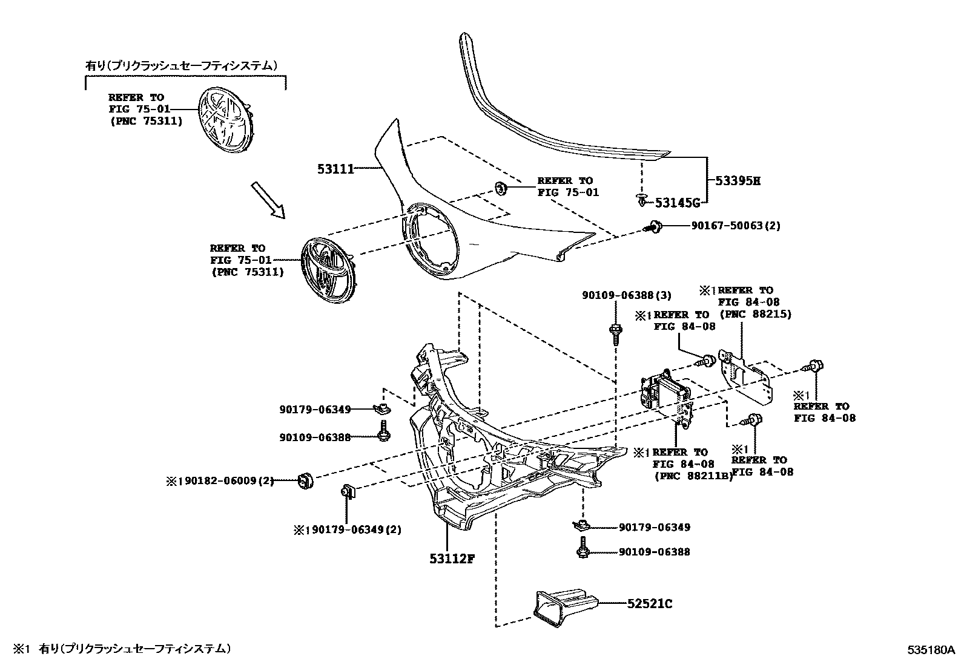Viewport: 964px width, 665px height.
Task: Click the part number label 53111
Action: click(335, 169)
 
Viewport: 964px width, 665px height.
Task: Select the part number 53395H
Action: click(737, 180)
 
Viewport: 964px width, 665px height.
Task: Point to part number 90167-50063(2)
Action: click(736, 226)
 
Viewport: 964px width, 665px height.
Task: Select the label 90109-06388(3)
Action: click(627, 295)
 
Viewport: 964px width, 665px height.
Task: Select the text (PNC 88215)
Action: click(754, 314)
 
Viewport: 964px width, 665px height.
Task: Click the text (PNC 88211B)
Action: click(693, 476)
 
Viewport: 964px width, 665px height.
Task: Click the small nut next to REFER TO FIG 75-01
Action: click(501, 188)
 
